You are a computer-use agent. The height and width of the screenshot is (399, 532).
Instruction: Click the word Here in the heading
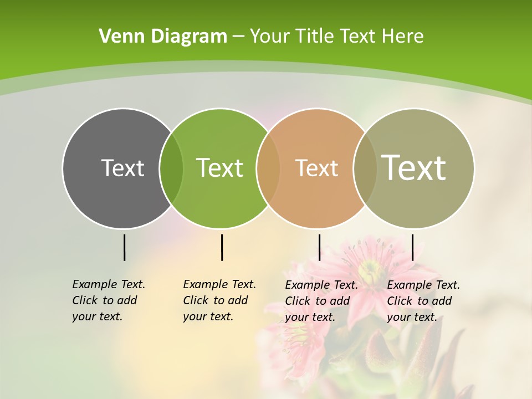[403, 37]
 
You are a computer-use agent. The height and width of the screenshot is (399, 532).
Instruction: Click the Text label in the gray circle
[122, 168]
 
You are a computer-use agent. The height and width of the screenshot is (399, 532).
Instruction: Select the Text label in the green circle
[219, 168]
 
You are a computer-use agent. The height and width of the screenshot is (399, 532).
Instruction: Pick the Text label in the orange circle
[316, 168]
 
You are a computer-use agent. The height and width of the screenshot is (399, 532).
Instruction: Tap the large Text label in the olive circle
[414, 168]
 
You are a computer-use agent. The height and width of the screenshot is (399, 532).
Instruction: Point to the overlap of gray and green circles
[171, 168]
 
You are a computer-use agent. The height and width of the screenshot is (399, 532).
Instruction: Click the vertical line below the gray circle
[124, 247]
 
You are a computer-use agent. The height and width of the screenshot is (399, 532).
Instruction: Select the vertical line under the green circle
[222, 247]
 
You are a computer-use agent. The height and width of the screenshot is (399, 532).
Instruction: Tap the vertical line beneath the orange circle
[319, 247]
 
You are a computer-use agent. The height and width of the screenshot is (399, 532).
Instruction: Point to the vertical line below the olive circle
[412, 247]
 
